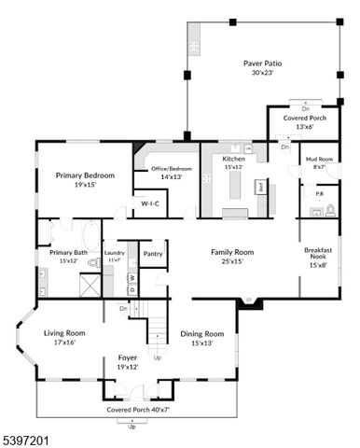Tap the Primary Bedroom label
pos(85,175)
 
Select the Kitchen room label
pos(233,160)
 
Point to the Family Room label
pos(232,252)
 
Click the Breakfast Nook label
pos(318,255)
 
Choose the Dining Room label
pos(202,333)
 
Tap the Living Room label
pos(64,332)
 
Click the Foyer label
pos(128,357)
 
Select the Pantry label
pos(153,253)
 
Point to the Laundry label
pos(114,252)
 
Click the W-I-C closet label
pos(150,203)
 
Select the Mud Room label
pos(319,160)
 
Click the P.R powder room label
pos(319,195)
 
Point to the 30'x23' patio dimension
pos(262,74)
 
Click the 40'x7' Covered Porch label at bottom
pos(131,410)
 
